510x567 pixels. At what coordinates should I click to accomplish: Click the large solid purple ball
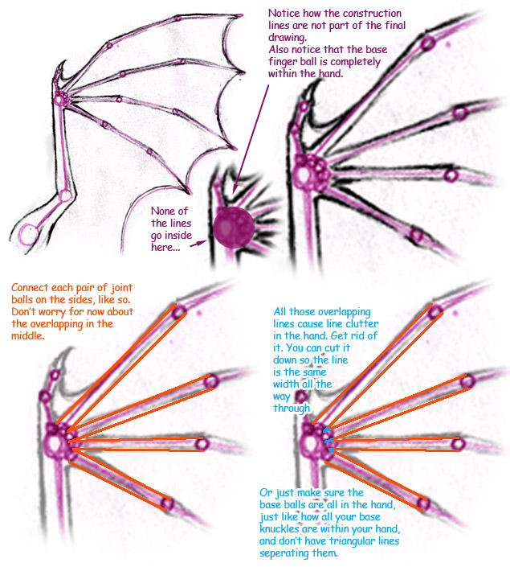point(234,228)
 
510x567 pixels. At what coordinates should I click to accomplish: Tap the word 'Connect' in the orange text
point(30,288)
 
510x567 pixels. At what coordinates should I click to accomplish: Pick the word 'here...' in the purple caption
point(165,248)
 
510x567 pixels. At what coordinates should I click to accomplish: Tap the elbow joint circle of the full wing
point(65,195)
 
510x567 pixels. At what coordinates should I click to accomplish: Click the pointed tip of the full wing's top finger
point(241,15)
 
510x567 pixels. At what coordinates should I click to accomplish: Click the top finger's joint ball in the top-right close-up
point(427,43)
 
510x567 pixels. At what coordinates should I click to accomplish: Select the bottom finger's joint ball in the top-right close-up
point(416,235)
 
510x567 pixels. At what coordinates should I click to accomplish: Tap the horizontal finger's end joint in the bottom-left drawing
point(202,444)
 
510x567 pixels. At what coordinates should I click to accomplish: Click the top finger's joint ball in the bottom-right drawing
point(435,312)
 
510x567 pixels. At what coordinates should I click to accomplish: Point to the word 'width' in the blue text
point(287,384)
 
